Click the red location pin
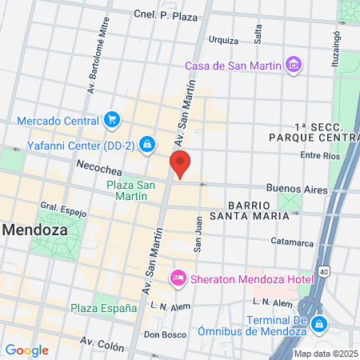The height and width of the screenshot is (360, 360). click(x=182, y=163)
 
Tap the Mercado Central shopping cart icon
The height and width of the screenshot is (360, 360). click(x=113, y=121)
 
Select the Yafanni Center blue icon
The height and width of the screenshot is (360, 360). click(x=146, y=145)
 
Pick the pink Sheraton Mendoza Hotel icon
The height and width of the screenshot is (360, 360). click(x=178, y=277)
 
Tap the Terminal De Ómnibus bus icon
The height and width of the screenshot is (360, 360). click(x=319, y=324)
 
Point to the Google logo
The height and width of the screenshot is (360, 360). click(x=26, y=350)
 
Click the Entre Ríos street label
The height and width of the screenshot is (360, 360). click(x=321, y=155)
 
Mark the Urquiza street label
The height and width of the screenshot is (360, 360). click(x=223, y=40)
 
